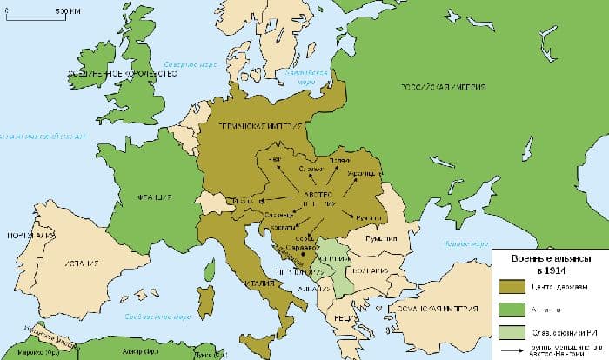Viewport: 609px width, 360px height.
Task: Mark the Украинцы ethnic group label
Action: coord(358,177)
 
